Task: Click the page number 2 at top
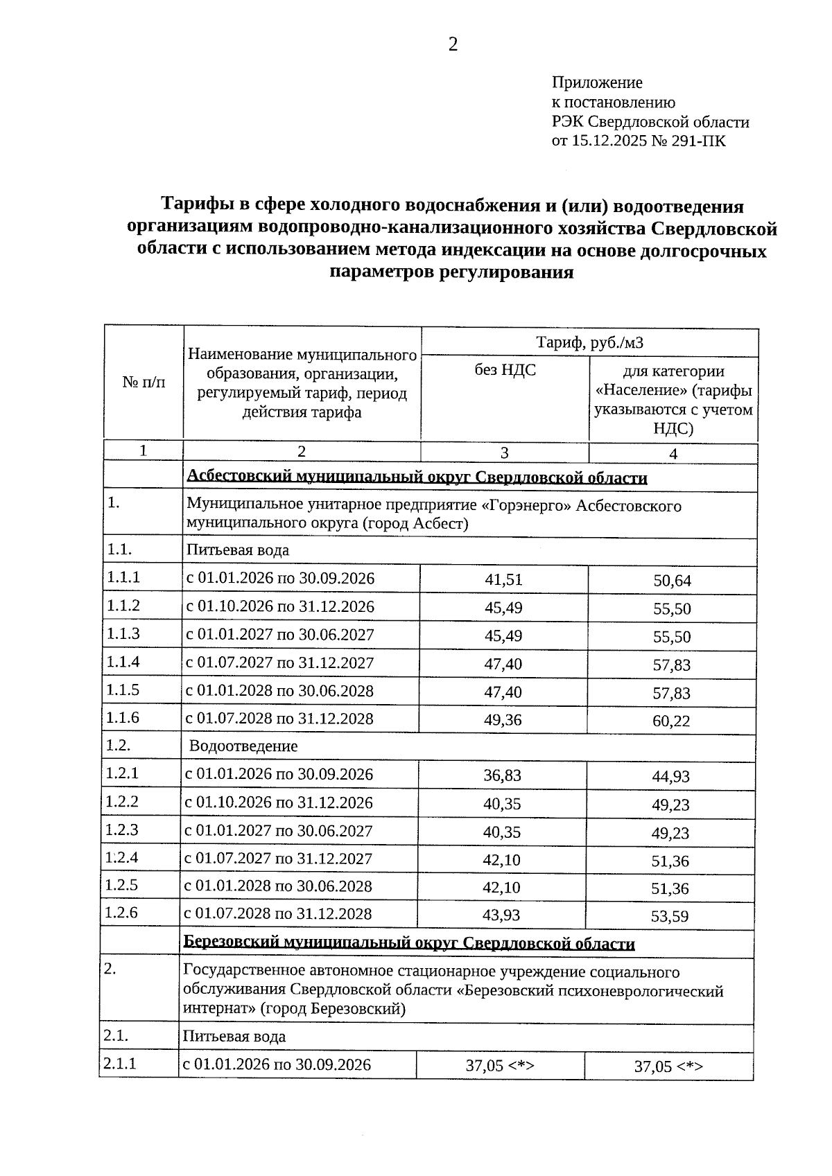[x=453, y=46]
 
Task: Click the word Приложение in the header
[x=596, y=83]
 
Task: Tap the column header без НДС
[x=505, y=370]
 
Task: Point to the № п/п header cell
[x=144, y=382]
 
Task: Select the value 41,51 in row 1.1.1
[x=503, y=580]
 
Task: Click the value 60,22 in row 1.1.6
[x=672, y=721]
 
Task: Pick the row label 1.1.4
[x=123, y=662]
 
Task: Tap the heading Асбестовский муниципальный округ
[x=417, y=478]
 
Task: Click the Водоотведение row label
[x=243, y=746]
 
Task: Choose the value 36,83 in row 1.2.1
[x=502, y=775]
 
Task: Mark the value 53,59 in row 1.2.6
[x=670, y=917]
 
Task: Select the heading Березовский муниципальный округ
[x=409, y=944]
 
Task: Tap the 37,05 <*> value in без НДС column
[x=500, y=1066]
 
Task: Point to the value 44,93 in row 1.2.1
[x=670, y=777]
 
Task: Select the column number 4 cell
[x=673, y=454]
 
